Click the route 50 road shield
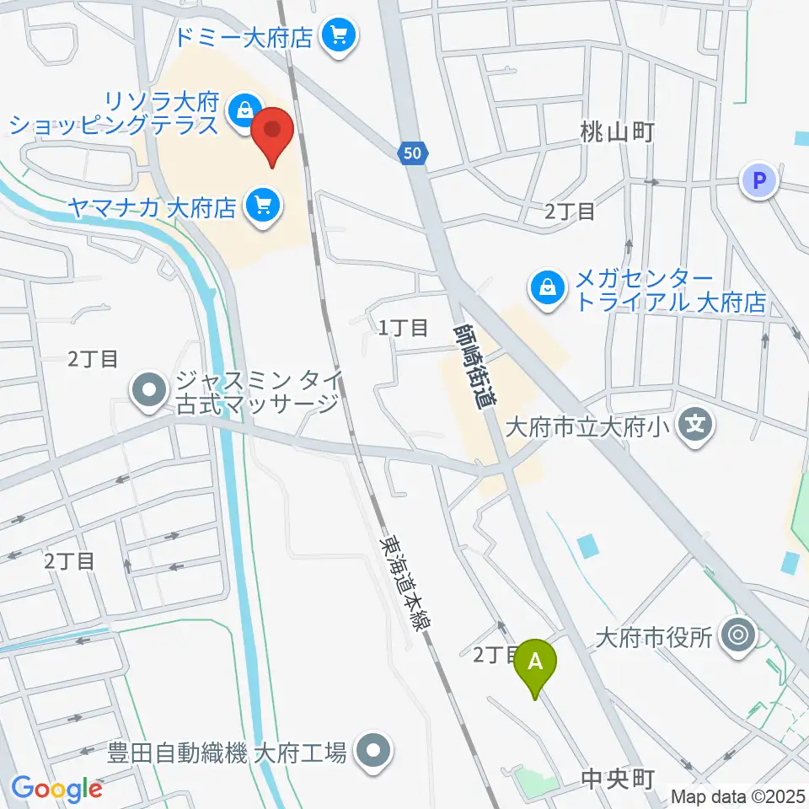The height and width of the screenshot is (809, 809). (x=410, y=153)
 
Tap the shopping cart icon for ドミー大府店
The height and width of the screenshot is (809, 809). (x=340, y=35)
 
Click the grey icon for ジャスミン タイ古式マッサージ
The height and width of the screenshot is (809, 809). (x=149, y=391)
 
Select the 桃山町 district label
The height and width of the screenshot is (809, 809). (x=617, y=131)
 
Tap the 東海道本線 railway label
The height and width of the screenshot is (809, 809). (x=405, y=582)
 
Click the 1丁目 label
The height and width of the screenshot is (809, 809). (x=403, y=328)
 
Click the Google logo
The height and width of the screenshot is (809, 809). (x=56, y=789)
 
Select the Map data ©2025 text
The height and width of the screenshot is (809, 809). (x=737, y=796)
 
